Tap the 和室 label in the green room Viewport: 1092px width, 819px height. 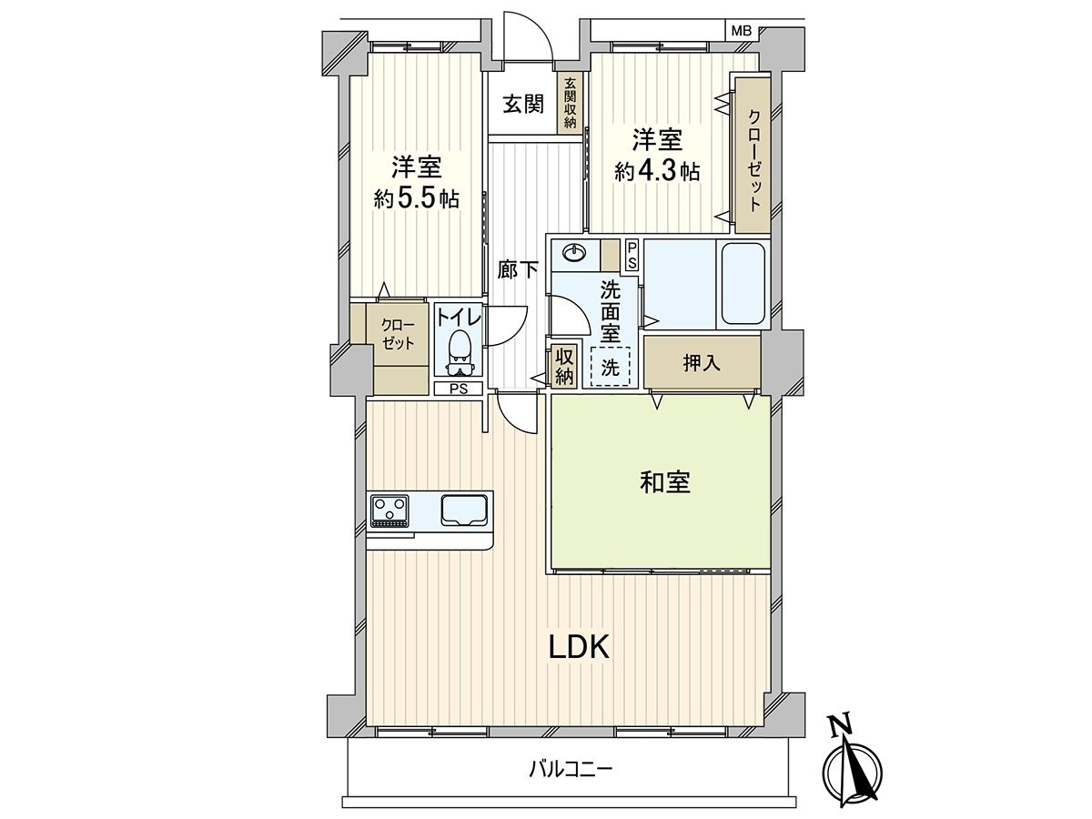pyautogui.click(x=663, y=483)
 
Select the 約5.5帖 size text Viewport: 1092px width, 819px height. pyautogui.click(x=417, y=197)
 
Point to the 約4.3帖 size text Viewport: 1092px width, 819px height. pyautogui.click(x=657, y=171)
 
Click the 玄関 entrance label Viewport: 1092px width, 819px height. pyautogui.click(x=523, y=104)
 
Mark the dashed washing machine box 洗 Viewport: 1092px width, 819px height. pyautogui.click(x=609, y=367)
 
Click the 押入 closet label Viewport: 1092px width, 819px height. pyautogui.click(x=702, y=362)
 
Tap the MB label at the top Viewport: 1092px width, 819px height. pyautogui.click(x=742, y=31)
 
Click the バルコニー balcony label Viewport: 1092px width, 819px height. pyautogui.click(x=571, y=770)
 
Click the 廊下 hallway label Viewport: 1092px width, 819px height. pyautogui.click(x=517, y=269)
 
